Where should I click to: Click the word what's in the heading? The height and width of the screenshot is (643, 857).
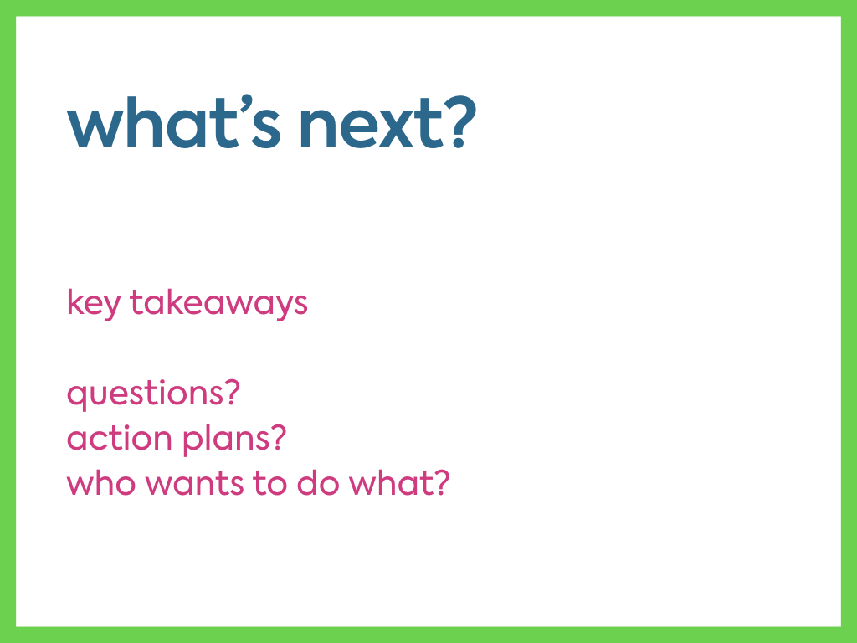[x=174, y=121]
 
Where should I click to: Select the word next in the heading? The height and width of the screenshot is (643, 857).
[x=372, y=125]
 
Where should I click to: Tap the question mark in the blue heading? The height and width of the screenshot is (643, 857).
[x=461, y=122]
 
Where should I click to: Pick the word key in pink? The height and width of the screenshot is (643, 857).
[x=93, y=304]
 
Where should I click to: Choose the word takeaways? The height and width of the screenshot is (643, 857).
[x=218, y=302]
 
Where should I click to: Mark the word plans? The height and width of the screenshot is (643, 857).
[x=226, y=439]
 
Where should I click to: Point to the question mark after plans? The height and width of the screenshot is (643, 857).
[x=279, y=436]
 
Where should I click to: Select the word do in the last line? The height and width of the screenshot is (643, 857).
[x=317, y=483]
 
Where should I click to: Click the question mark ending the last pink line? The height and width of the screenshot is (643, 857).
[x=442, y=481]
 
